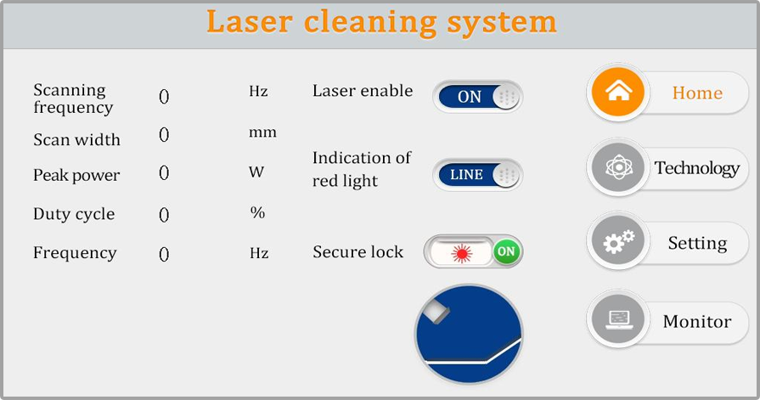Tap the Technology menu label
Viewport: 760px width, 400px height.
tap(696, 168)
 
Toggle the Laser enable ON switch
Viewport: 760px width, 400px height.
tap(477, 97)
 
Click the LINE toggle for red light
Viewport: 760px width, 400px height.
tap(477, 175)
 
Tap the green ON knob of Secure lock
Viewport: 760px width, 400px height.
tap(506, 251)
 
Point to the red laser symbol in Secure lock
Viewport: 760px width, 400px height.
tap(462, 252)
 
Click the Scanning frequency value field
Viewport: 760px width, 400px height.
tap(164, 97)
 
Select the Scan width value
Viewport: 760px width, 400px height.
tap(164, 135)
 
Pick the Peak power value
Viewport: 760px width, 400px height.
tap(164, 173)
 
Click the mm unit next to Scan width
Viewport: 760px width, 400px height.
tap(262, 133)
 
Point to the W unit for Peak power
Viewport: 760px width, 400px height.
tap(256, 172)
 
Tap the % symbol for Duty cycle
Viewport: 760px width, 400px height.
tap(257, 212)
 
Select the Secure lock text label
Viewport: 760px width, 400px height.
tap(357, 252)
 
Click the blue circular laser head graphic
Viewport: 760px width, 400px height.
tap(469, 333)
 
